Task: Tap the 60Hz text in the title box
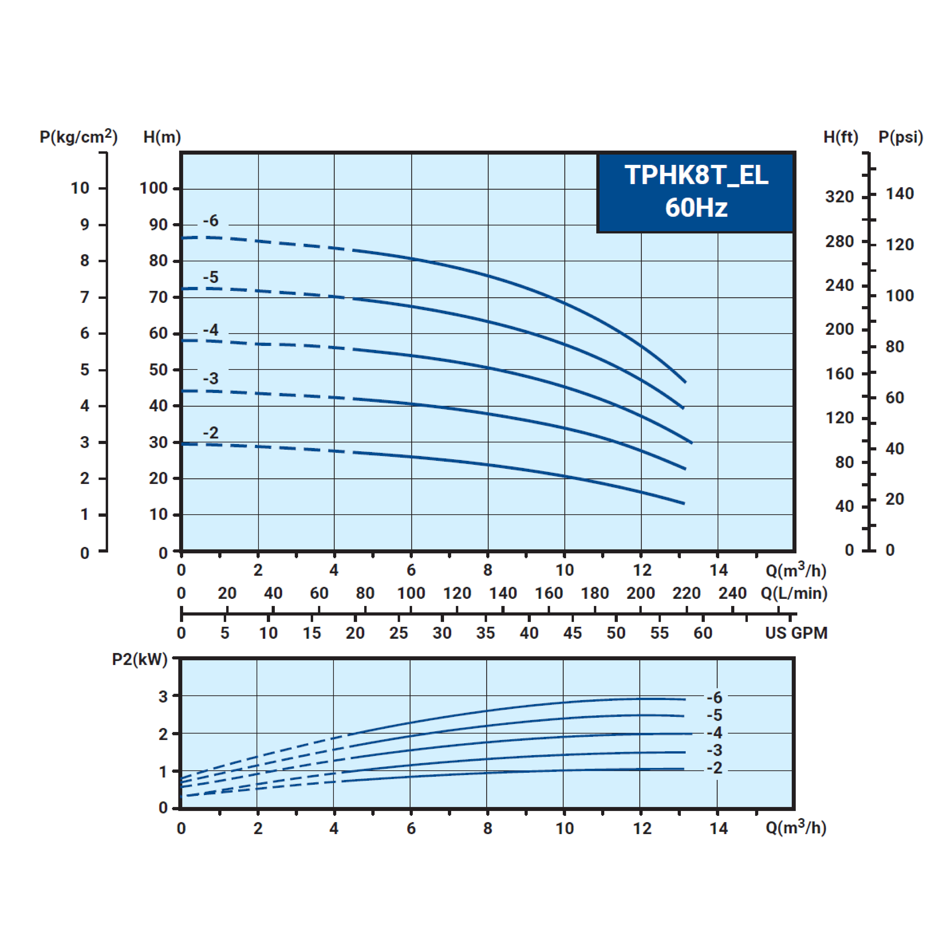(696, 207)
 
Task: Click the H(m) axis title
(162, 137)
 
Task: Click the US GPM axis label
(796, 633)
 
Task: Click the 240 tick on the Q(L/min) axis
(732, 593)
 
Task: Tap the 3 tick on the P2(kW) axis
(163, 697)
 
